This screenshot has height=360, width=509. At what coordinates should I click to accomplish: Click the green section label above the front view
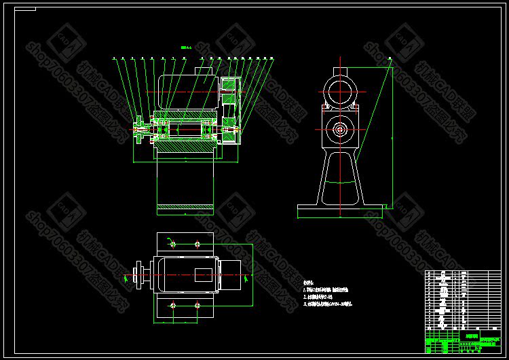[187, 48]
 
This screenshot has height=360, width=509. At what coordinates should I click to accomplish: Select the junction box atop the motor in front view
[204, 69]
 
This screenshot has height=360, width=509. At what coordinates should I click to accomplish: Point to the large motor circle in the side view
[339, 90]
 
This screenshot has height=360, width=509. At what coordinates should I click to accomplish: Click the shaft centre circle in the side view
[339, 128]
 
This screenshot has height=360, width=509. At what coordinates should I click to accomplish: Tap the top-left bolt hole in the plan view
[173, 244]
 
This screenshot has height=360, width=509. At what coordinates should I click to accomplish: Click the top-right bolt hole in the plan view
[197, 244]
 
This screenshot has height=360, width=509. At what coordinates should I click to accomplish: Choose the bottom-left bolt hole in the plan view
[173, 305]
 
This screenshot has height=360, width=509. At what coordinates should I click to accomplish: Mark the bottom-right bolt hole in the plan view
[197, 305]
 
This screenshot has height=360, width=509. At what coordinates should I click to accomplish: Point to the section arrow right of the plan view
[244, 276]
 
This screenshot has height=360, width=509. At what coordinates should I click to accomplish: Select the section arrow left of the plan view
[126, 276]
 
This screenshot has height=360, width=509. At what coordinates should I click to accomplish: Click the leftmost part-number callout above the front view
[114, 58]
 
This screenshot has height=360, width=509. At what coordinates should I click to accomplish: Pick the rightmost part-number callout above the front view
[271, 58]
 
